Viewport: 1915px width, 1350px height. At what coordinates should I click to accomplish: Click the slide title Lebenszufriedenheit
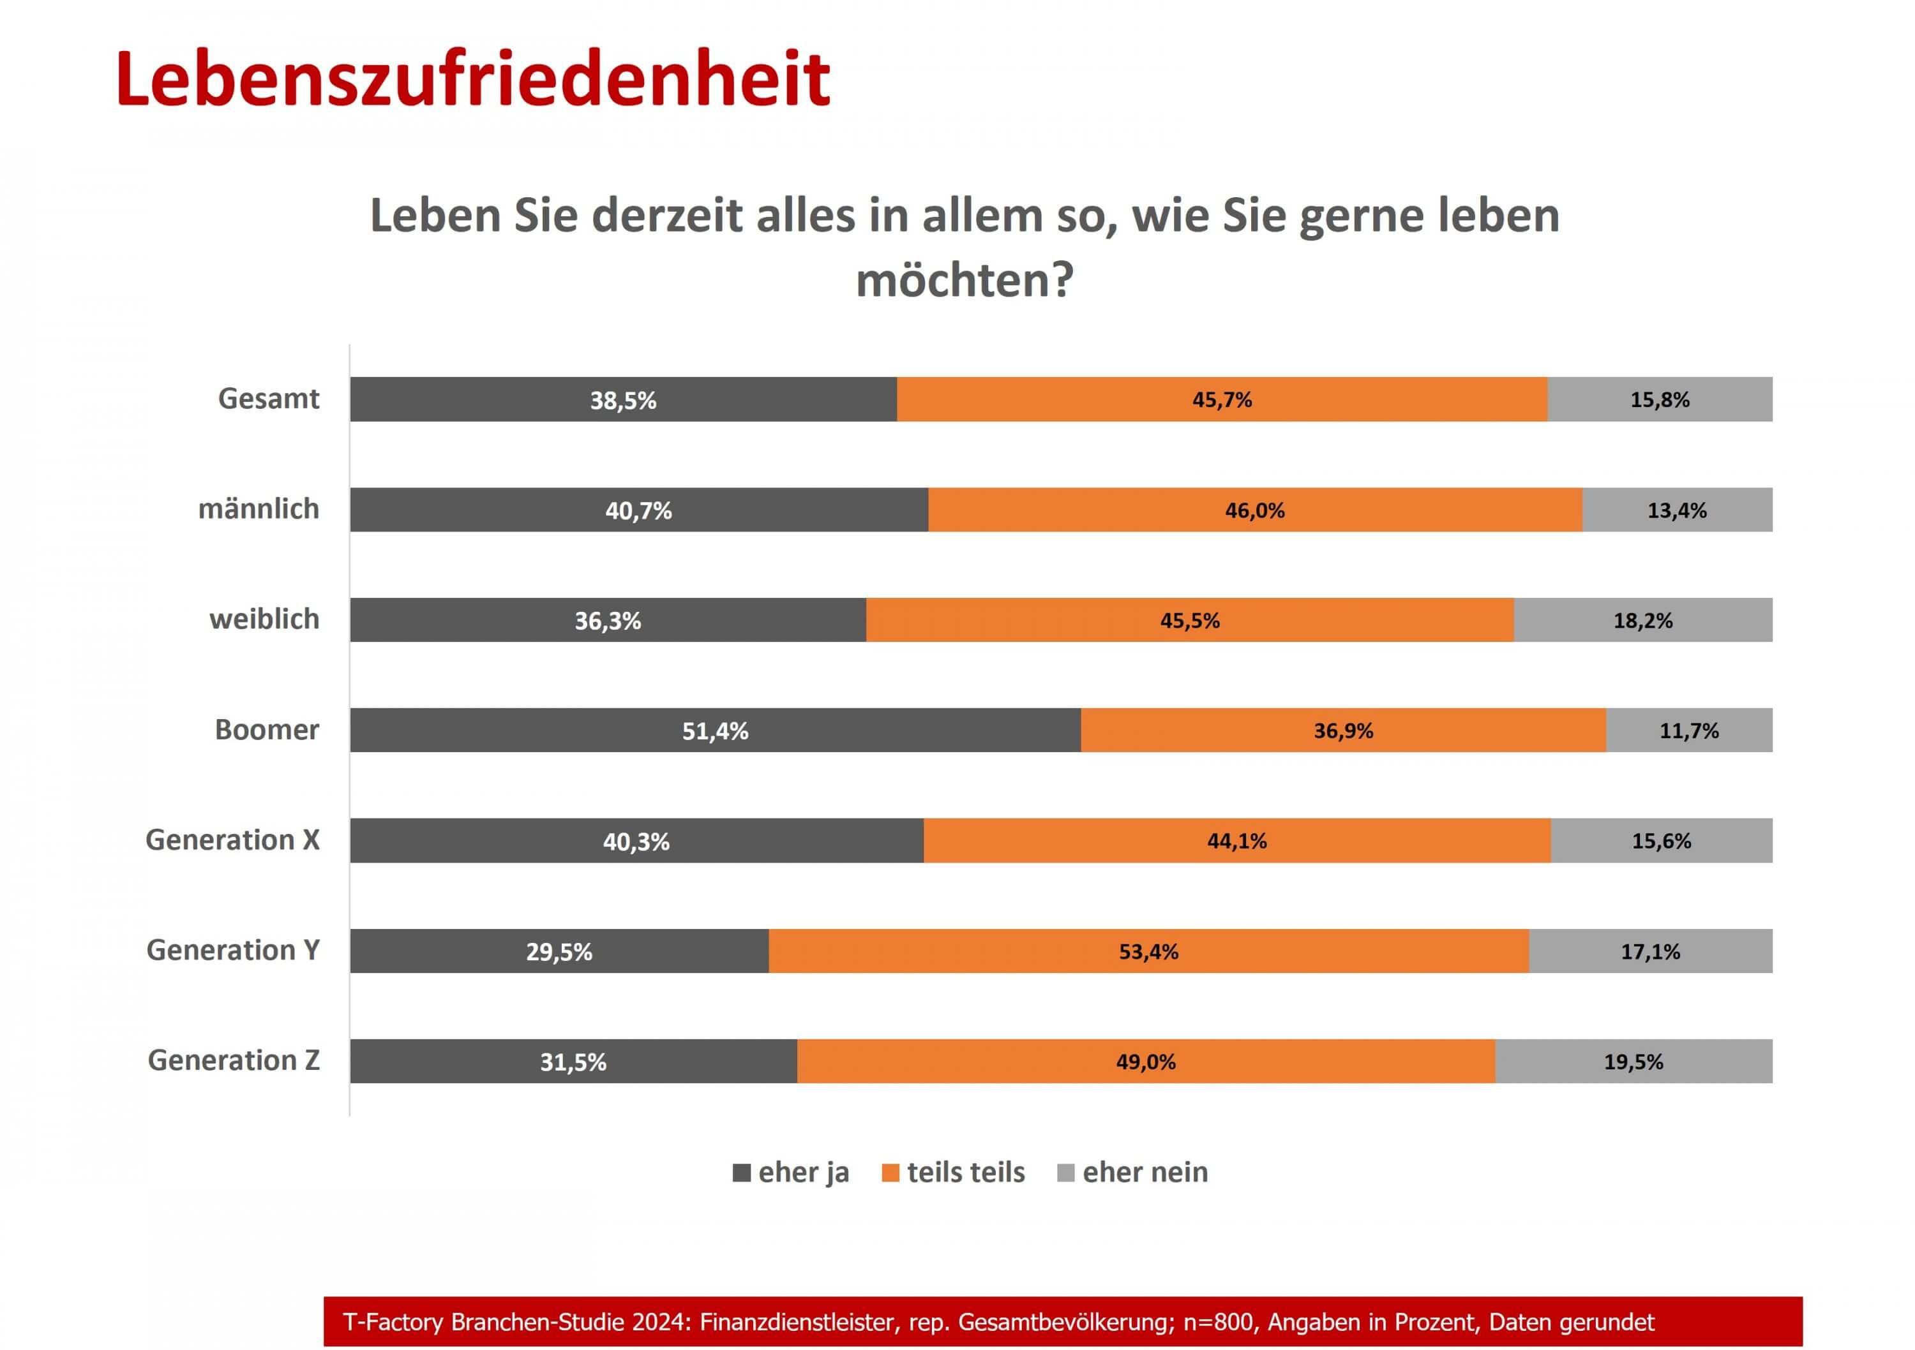coord(473,79)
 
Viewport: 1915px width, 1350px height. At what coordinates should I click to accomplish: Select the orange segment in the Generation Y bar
coord(1001,951)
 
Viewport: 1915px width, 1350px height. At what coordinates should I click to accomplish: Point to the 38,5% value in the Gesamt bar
coord(623,400)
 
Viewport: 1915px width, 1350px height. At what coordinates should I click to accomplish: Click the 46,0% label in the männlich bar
coord(1254,510)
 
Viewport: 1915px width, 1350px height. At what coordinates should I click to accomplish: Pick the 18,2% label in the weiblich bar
coord(1643,620)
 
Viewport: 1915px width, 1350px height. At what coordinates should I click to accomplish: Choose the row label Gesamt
coord(269,399)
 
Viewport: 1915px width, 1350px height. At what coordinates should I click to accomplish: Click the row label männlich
coord(259,508)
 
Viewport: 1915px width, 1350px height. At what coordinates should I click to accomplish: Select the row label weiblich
coord(264,619)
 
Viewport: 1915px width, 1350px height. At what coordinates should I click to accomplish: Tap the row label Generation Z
coord(234,1060)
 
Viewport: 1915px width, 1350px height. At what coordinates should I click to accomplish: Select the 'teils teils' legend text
coord(966,1173)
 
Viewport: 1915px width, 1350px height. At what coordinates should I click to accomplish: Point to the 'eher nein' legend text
coord(1145,1173)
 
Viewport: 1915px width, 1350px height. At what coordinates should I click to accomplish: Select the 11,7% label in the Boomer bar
coord(1689,731)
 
